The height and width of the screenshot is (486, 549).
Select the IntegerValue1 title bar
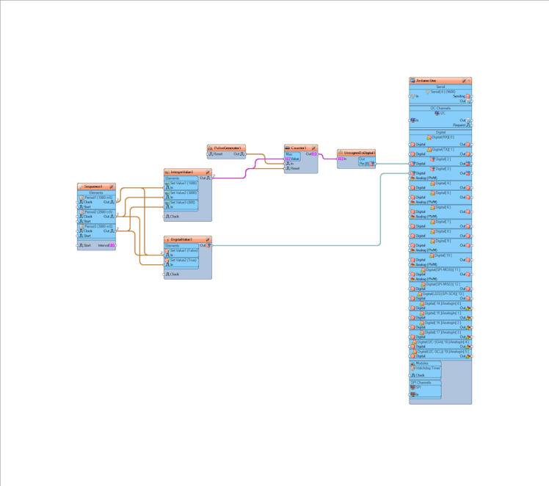(x=183, y=173)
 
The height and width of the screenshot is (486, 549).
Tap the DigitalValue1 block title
(x=183, y=239)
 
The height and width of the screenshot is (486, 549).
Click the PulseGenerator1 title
(x=228, y=148)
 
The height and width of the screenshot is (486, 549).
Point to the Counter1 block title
(x=299, y=148)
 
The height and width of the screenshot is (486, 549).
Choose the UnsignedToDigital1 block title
(x=358, y=153)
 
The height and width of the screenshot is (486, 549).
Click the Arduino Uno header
(x=437, y=81)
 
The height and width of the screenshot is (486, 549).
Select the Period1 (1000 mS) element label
(x=98, y=197)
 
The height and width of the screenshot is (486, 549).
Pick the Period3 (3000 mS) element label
(x=98, y=226)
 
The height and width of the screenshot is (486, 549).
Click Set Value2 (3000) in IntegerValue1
(x=183, y=193)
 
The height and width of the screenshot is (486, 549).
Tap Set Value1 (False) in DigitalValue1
(x=183, y=250)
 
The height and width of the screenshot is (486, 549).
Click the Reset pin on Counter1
(x=294, y=168)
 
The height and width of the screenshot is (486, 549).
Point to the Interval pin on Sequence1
(x=104, y=245)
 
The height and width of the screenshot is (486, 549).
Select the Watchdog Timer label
(x=428, y=368)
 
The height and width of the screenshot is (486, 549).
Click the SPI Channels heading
(x=425, y=382)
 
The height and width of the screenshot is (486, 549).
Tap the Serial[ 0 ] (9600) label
(x=443, y=92)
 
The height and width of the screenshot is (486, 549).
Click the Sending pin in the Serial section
(x=459, y=96)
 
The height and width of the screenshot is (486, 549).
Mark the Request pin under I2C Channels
(x=459, y=126)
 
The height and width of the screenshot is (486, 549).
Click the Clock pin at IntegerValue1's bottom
(x=174, y=217)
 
